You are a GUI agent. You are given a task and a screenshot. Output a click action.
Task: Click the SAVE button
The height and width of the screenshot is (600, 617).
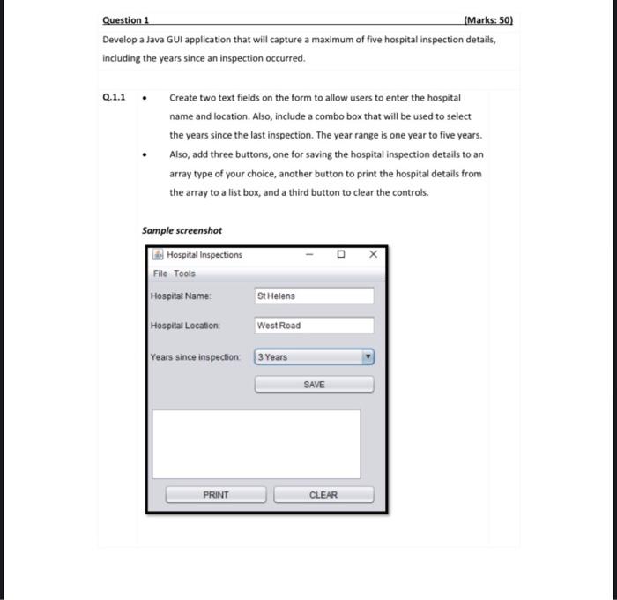point(314,385)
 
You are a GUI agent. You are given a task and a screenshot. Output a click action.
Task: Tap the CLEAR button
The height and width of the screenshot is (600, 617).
point(323,495)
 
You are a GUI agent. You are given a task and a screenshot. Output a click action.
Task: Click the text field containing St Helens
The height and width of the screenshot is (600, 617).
point(314,296)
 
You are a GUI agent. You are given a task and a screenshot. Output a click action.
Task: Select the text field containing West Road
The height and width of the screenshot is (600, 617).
point(314,326)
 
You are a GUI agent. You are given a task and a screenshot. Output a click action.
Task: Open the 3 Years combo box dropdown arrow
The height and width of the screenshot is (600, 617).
point(368,357)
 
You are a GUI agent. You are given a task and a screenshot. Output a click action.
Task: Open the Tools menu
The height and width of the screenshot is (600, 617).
point(184,274)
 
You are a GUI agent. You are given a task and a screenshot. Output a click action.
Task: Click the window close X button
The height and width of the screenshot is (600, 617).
point(373,255)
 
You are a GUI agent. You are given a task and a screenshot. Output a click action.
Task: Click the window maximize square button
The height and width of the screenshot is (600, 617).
point(340,255)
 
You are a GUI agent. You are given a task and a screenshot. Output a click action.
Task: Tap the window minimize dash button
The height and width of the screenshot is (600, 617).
point(309,255)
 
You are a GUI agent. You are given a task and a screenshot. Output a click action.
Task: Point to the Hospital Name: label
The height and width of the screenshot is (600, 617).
point(181,296)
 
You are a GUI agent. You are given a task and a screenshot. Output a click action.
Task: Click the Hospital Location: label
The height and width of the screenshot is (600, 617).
point(184,326)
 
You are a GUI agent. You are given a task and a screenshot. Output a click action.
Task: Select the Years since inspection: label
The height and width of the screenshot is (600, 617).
point(195,357)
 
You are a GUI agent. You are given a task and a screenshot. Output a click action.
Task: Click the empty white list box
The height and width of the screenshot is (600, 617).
point(256,443)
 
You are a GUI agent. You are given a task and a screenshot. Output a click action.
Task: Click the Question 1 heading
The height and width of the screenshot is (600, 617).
point(126,19)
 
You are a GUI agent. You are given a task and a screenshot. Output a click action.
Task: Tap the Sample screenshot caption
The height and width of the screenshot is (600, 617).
point(182,230)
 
